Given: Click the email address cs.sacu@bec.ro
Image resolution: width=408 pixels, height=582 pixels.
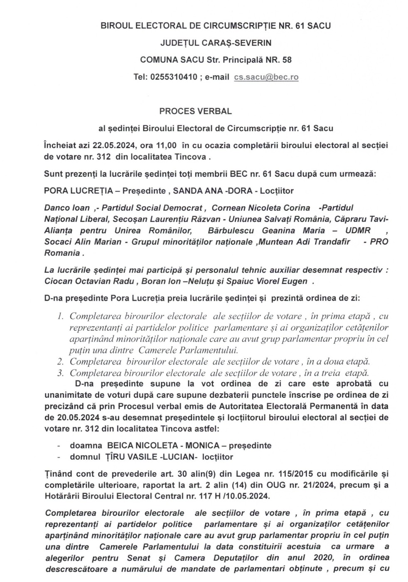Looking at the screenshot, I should [x=266, y=77].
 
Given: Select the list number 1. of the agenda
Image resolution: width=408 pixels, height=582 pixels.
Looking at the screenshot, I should [x=61, y=316].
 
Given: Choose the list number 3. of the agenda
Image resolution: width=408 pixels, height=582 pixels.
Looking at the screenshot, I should [x=61, y=373].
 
